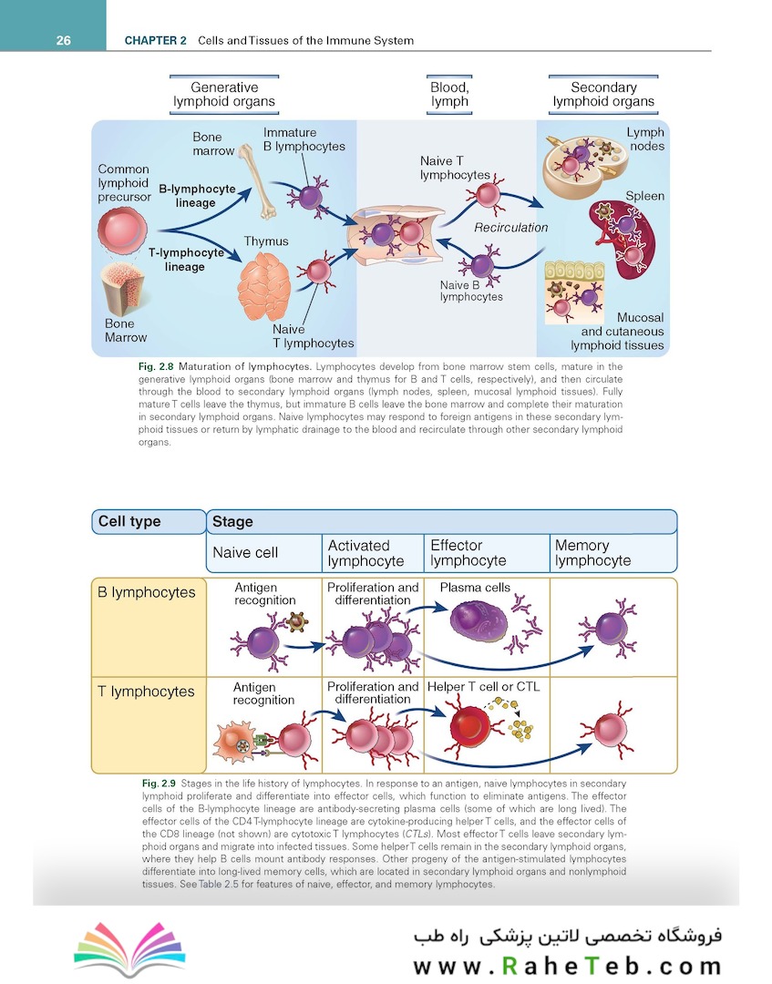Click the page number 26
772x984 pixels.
[x=65, y=41]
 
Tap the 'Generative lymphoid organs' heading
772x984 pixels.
[x=224, y=95]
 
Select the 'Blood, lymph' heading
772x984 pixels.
[x=449, y=95]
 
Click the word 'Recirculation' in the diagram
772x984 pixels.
[x=510, y=227]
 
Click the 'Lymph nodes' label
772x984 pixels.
[x=644, y=139]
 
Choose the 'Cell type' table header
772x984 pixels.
[x=129, y=522]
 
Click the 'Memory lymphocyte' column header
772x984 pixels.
[x=592, y=553]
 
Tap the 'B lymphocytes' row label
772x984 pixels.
[x=146, y=592]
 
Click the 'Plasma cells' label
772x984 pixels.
[x=475, y=588]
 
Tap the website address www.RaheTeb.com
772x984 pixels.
[x=566, y=965]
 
